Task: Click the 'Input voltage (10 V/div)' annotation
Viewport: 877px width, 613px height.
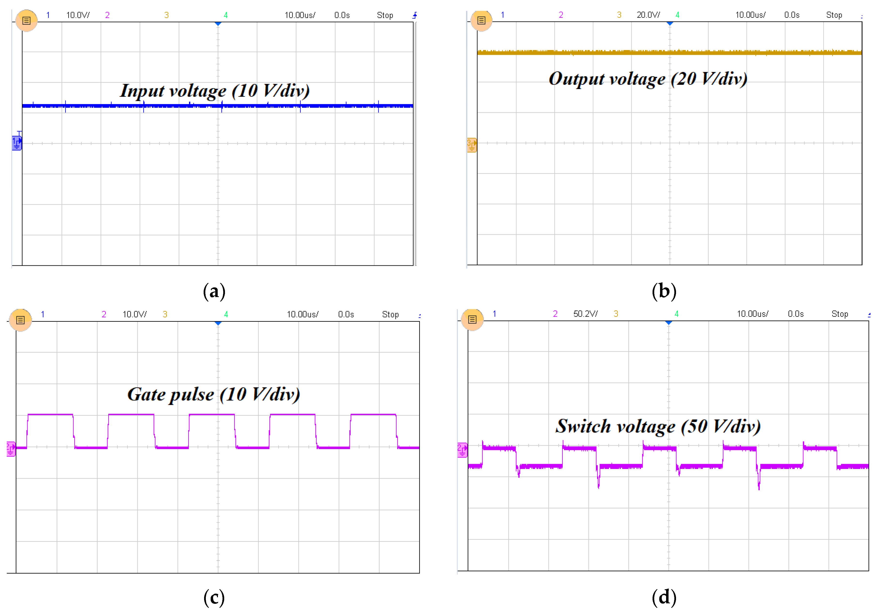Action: click(x=215, y=91)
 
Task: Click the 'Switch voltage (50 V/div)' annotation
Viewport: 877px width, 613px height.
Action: click(x=658, y=426)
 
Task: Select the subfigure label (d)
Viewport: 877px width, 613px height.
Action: click(x=664, y=597)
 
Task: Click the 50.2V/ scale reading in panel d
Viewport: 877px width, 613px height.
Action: click(x=585, y=314)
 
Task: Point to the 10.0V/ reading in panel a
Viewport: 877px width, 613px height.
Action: click(x=78, y=15)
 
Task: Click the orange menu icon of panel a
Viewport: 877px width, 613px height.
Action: click(x=26, y=21)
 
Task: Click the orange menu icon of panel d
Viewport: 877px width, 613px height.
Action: click(x=472, y=320)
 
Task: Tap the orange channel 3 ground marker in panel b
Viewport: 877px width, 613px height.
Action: click(x=472, y=145)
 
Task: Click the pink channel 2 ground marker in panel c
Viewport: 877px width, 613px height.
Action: click(x=11, y=449)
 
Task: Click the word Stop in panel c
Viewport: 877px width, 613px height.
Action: click(x=390, y=314)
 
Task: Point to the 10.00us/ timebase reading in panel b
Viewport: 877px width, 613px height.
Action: click(x=750, y=15)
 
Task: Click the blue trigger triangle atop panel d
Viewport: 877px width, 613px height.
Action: click(x=669, y=323)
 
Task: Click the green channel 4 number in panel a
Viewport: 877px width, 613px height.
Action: click(x=225, y=15)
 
